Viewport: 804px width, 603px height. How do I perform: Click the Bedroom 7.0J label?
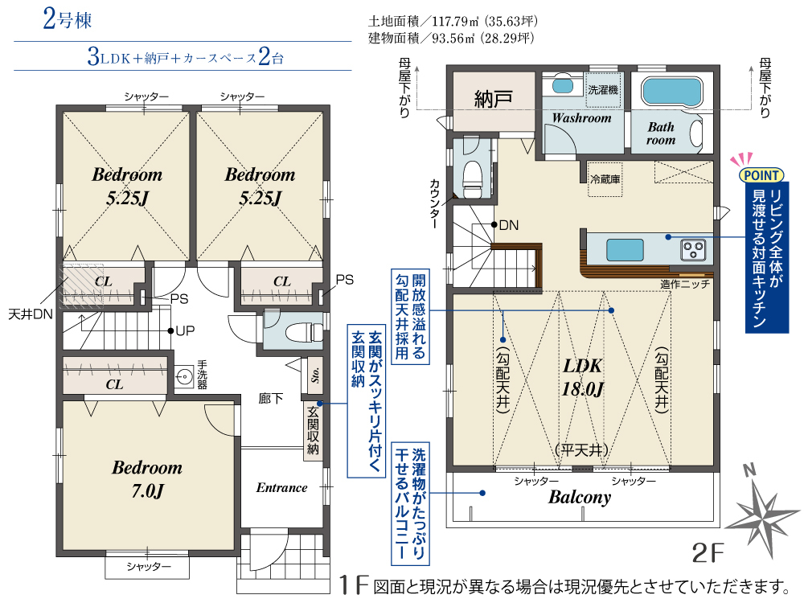click(147, 479)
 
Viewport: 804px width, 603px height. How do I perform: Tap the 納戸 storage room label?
click(493, 98)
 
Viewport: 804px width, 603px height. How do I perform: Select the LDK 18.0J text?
click(582, 377)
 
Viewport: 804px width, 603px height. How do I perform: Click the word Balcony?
click(580, 497)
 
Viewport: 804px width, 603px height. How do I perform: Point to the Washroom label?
click(581, 118)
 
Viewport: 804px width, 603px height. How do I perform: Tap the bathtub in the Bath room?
click(671, 92)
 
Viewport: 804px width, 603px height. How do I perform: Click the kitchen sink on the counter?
click(625, 250)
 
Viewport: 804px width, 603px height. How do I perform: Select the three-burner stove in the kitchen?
click(693, 250)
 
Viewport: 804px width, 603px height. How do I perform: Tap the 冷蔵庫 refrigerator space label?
click(605, 179)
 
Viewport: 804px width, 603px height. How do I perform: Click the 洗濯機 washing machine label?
click(603, 90)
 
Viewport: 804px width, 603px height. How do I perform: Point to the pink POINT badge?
click(761, 175)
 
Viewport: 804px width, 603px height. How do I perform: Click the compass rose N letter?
click(749, 469)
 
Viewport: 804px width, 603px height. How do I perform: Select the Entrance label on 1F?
click(281, 488)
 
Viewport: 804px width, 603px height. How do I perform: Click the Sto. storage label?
click(315, 375)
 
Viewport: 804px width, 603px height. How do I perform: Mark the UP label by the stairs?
click(185, 330)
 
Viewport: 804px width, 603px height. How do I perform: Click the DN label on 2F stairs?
click(509, 225)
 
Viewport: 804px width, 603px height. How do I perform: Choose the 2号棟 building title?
click(68, 19)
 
